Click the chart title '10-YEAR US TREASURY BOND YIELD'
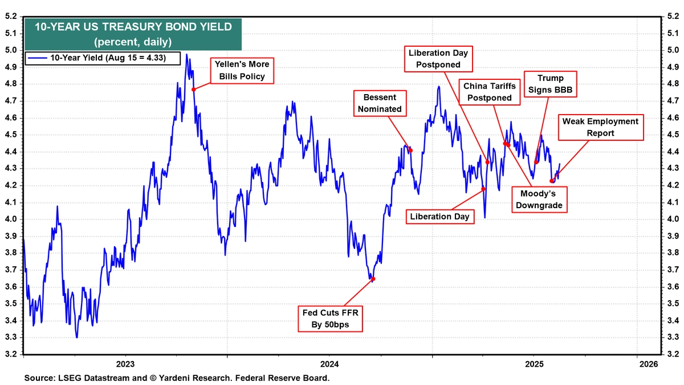click(x=133, y=26)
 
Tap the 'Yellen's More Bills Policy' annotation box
click(x=242, y=70)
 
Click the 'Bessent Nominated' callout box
click(x=382, y=103)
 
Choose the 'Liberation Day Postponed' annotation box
click(x=438, y=59)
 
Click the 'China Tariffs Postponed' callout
click(x=489, y=92)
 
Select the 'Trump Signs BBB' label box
click(x=550, y=84)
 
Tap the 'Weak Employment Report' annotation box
click(x=600, y=127)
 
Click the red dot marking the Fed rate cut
click(x=373, y=279)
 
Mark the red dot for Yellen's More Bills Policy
click(x=193, y=89)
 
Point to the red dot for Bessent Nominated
click(x=410, y=151)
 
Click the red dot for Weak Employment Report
click(x=551, y=181)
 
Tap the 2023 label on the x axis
click(x=125, y=364)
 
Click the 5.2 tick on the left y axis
click(x=11, y=17)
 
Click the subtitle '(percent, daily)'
click(x=133, y=42)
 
